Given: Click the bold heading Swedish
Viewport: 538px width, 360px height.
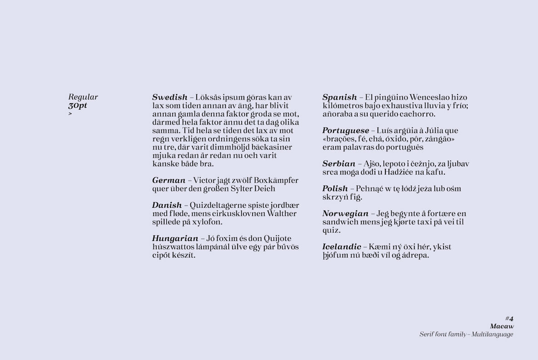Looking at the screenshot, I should tap(169, 97).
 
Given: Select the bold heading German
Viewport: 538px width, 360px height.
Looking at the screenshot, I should tap(169, 180).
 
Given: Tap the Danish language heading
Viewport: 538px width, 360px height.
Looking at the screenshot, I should tap(167, 205).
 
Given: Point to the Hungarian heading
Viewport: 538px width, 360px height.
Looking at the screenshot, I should tap(175, 239).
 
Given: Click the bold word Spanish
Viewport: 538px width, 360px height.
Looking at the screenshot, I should tap(339, 97).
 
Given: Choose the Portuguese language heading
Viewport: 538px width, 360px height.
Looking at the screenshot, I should tap(345, 131).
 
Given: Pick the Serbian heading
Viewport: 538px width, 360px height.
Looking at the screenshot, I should tap(339, 164).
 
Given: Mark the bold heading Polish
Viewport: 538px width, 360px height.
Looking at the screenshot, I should tap(335, 189).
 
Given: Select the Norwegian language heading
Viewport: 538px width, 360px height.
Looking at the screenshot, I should tap(345, 214).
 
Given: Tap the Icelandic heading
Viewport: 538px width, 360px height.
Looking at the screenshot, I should tap(342, 247).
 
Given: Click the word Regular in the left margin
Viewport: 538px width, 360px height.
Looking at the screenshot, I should tap(83, 97).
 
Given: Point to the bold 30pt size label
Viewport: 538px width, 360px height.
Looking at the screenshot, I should tap(78, 105).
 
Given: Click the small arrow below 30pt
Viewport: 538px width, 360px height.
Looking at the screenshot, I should tap(70, 114).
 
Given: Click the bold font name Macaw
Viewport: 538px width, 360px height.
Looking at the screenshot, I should tap(502, 326).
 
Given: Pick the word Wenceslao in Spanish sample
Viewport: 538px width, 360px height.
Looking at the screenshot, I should tap(431, 97).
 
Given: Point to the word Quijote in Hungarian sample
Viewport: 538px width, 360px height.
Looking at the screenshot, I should tap(275, 239).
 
